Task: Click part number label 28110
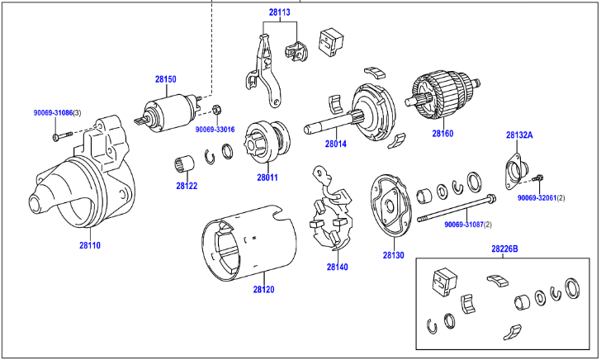tap(90, 245)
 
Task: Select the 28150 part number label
tap(166, 80)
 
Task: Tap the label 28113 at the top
tap(279, 13)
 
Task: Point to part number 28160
tap(442, 133)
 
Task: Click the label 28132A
tap(519, 134)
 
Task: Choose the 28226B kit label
tap(504, 249)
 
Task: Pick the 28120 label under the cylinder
tap(263, 289)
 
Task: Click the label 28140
tap(338, 267)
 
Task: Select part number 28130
tap(393, 256)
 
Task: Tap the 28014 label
tap(335, 144)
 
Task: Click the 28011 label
tap(267, 177)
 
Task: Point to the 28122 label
tap(187, 186)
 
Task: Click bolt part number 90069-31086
tap(53, 111)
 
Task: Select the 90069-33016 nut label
tap(215, 130)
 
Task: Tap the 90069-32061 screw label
tap(537, 198)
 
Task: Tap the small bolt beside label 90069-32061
tap(539, 178)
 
